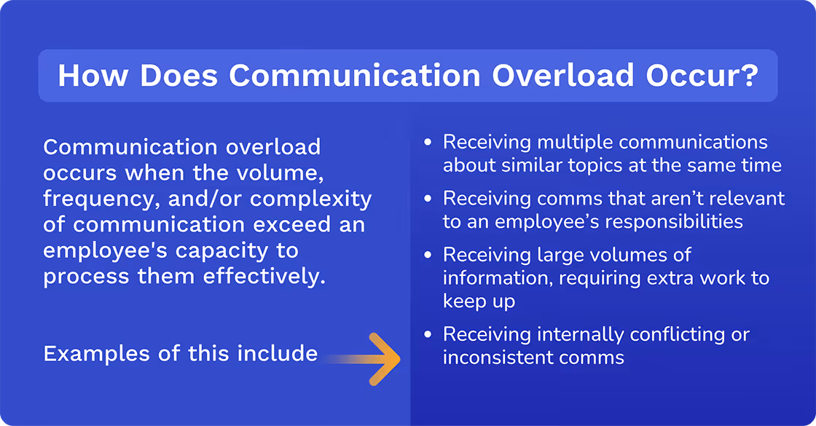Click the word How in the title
[x=93, y=76]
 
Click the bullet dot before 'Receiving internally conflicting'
[x=428, y=334]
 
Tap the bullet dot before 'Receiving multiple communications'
[x=428, y=141]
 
